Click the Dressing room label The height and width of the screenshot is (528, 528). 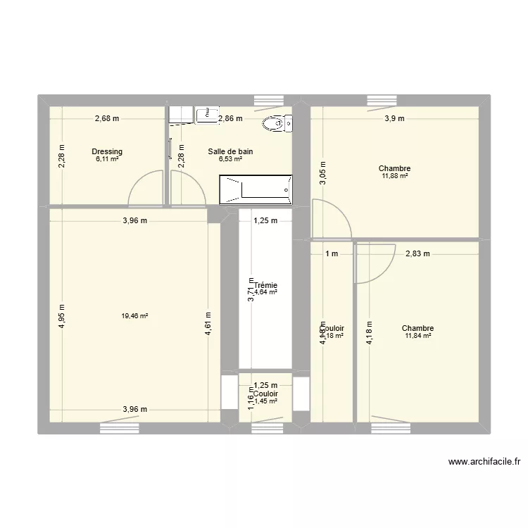107,151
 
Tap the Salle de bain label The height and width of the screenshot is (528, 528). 230,151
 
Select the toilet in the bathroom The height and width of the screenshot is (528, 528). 276,125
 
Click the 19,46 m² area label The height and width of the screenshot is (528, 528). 134,316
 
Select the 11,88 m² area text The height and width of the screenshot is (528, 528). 394,176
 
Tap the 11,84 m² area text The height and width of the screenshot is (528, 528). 417,336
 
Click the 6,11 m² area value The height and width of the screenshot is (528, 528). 107,159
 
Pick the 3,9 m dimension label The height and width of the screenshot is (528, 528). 394,119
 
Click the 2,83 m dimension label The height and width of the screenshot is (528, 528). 417,253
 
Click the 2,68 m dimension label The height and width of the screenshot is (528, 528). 107,119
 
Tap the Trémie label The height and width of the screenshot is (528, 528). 266,285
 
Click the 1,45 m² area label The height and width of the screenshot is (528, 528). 265,401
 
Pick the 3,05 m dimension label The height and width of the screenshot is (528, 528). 323,172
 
